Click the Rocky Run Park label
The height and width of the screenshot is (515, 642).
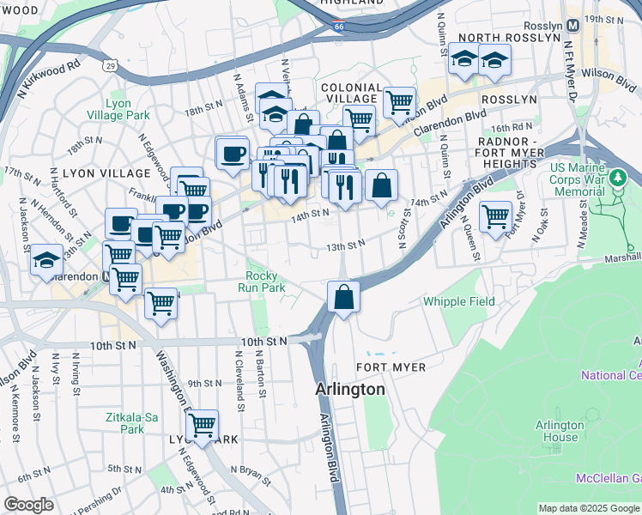[x=261, y=282]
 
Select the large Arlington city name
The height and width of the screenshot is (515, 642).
[x=350, y=389]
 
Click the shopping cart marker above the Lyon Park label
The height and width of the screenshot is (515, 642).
[x=202, y=425]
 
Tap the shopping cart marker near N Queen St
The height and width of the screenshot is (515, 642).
[x=495, y=216]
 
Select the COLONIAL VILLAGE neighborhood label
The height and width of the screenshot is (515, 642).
[x=351, y=94]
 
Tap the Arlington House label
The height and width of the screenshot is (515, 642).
[x=559, y=431]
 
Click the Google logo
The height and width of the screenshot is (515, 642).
[x=28, y=505]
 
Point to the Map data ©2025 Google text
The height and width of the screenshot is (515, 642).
[x=589, y=508]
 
